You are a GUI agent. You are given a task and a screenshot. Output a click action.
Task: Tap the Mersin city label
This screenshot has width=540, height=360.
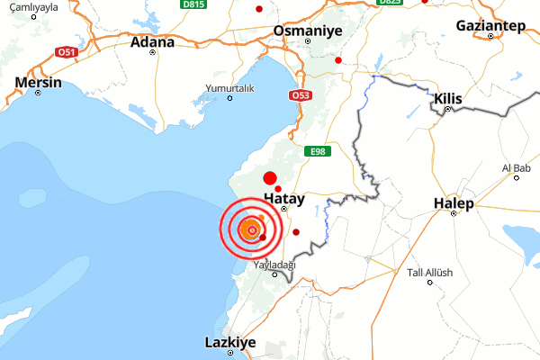39,83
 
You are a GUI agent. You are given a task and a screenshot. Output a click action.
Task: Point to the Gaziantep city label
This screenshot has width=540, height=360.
490,24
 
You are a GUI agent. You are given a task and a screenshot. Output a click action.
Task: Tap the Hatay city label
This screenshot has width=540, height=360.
284,197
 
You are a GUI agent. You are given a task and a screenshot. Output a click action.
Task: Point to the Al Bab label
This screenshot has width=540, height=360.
517,168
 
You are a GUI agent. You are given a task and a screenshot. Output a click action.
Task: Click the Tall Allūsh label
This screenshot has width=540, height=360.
430,273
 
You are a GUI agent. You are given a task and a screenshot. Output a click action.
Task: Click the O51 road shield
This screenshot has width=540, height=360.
65,52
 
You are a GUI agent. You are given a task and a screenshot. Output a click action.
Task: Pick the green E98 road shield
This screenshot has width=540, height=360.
316,151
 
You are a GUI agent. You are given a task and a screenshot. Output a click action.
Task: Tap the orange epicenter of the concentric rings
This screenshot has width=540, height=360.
252,231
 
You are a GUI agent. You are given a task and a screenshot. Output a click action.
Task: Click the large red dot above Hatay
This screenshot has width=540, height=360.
269,177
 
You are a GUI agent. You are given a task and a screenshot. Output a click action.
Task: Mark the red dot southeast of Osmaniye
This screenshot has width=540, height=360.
338,60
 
